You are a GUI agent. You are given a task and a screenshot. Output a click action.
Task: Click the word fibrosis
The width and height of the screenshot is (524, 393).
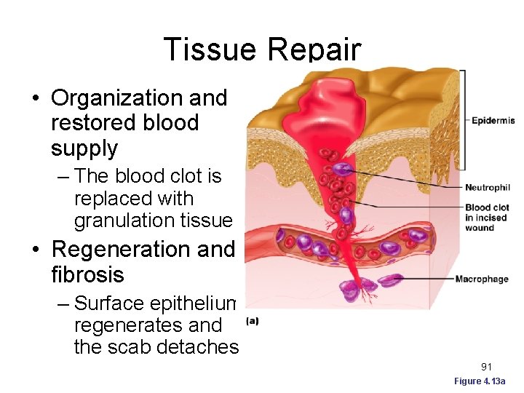[x=87, y=275]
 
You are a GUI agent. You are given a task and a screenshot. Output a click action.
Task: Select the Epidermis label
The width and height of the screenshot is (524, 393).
[x=493, y=121]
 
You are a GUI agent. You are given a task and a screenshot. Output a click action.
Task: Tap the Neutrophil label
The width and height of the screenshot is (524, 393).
[x=488, y=188]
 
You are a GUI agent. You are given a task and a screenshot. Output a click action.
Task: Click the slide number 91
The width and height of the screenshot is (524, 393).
[x=487, y=367]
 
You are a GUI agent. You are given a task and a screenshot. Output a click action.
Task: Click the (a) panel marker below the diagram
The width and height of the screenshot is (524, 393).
[x=253, y=320]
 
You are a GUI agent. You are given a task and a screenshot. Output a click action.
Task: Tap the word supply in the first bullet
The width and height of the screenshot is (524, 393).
[x=84, y=148]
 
